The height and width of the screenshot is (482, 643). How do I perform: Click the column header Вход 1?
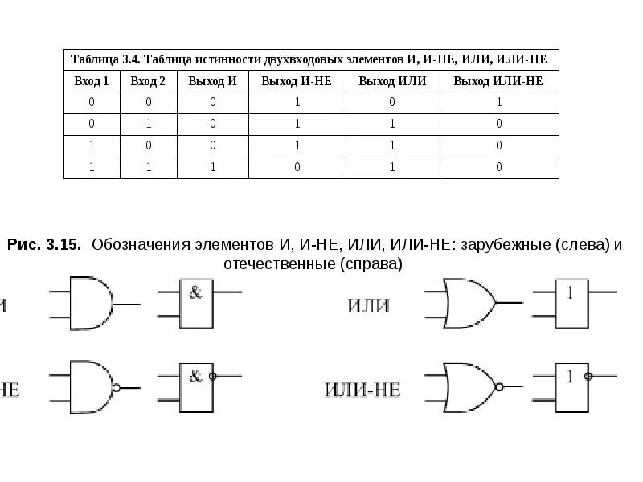(x=92, y=81)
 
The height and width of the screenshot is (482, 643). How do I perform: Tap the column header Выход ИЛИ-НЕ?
(x=498, y=81)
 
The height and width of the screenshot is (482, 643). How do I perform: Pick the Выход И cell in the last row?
(x=213, y=167)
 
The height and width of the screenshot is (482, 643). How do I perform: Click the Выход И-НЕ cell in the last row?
(x=297, y=167)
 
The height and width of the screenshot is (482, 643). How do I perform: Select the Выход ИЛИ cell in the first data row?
(x=393, y=102)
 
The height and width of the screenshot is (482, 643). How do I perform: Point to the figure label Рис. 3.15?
(x=43, y=246)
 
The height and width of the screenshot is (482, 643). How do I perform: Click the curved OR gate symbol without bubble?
(x=469, y=303)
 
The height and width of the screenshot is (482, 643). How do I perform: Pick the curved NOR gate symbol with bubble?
(x=469, y=387)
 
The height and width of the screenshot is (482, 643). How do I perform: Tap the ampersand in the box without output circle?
(x=195, y=292)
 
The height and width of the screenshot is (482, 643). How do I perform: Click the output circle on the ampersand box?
(x=213, y=375)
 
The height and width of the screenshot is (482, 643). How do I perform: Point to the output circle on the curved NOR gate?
(x=499, y=387)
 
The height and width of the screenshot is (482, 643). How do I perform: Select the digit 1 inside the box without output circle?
(x=571, y=292)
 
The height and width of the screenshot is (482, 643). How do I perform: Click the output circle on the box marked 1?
(x=589, y=375)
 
